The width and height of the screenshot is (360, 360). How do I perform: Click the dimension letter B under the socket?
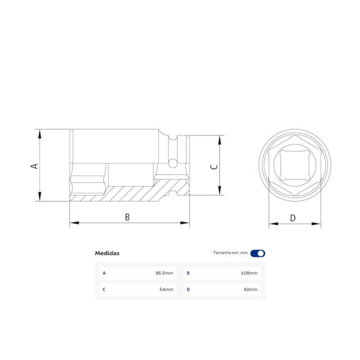coord(127,217)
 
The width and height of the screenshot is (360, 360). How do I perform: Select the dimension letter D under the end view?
coord(293,218)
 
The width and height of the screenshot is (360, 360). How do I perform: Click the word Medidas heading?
coord(107,253)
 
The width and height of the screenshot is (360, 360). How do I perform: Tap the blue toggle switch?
coord(258,253)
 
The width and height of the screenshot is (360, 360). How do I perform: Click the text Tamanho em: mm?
coord(230,253)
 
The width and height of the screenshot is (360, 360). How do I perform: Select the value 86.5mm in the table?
coord(164,273)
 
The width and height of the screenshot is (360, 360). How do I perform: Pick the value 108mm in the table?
coord(249,273)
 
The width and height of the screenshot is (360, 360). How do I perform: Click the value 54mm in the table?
coord(166,289)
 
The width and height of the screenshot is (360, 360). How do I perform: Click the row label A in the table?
coord(104,273)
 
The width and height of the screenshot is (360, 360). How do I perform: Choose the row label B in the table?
coord(188,273)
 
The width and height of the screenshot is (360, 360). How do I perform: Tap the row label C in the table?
coord(104,289)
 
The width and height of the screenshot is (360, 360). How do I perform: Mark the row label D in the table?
coord(188,289)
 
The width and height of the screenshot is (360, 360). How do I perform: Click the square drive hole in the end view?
coord(294,165)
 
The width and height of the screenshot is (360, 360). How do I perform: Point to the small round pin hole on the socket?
coord(173,163)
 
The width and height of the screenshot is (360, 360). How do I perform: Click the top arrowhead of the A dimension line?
coord(39,133)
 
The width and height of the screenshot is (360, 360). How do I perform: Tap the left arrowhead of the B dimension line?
coord(73,223)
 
